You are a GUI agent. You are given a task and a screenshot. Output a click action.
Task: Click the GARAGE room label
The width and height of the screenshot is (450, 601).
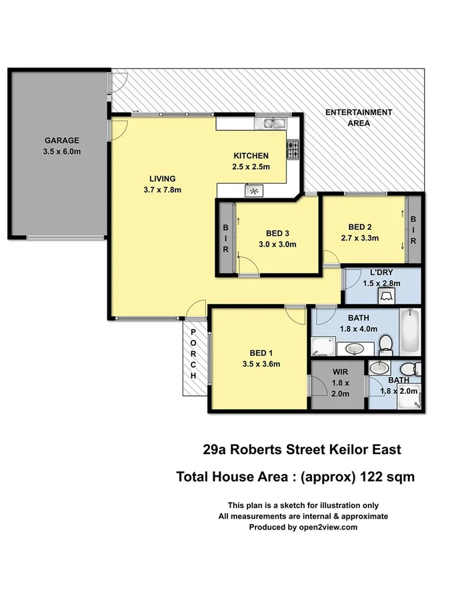pyautogui.click(x=61, y=140)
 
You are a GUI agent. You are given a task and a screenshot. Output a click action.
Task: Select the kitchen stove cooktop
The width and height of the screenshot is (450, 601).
pyautogui.click(x=292, y=150)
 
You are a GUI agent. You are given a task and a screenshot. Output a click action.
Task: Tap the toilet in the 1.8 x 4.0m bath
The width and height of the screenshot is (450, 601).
pyautogui.click(x=385, y=344)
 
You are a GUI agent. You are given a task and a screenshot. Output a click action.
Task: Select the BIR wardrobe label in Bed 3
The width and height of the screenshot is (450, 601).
pyautogui.click(x=225, y=237)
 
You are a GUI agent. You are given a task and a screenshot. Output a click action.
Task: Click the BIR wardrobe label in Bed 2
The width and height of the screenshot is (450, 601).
pyautogui.click(x=413, y=230)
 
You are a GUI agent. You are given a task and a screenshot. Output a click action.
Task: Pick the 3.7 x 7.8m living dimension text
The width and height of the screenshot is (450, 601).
pyautogui.click(x=162, y=190)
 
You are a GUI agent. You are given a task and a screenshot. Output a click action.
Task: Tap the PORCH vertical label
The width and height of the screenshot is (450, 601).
pyautogui.click(x=193, y=354)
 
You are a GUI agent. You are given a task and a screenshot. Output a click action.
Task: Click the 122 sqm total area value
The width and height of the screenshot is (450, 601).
pyautogui.click(x=387, y=477)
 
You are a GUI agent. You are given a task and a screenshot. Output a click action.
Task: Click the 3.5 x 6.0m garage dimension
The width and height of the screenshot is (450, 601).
pyautogui.click(x=61, y=151)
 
